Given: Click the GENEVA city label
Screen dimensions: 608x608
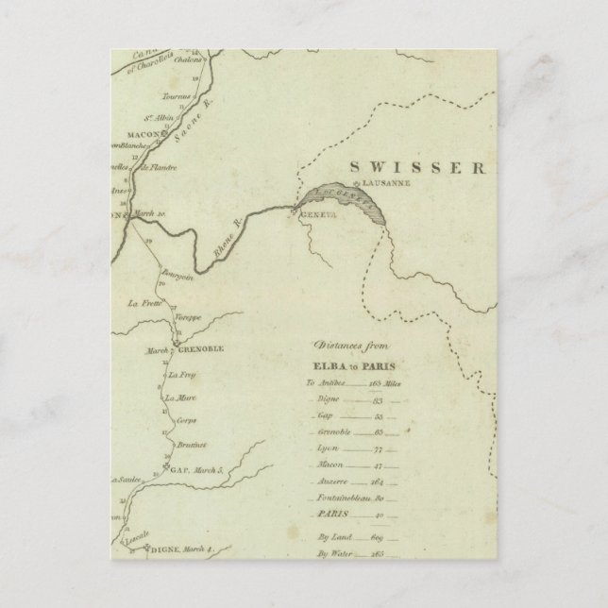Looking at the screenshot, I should click(315, 216).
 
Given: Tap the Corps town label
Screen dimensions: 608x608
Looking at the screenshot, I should click(186, 421).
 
